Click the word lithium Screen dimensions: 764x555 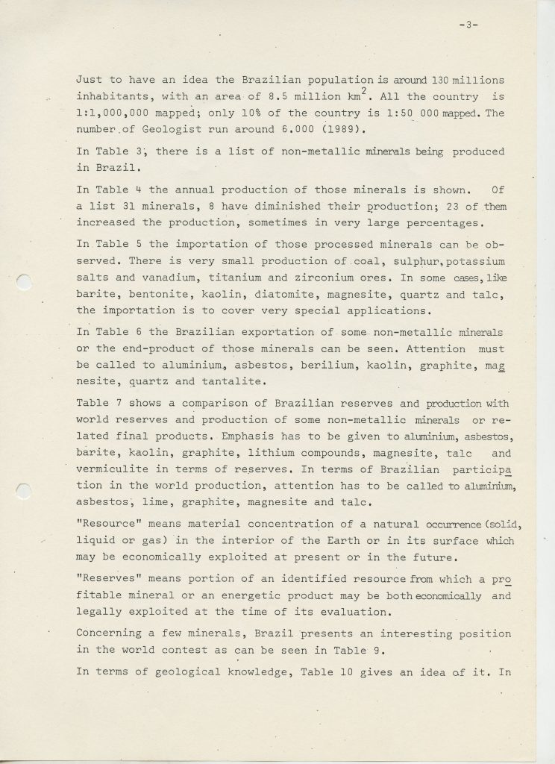(x=284, y=452)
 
